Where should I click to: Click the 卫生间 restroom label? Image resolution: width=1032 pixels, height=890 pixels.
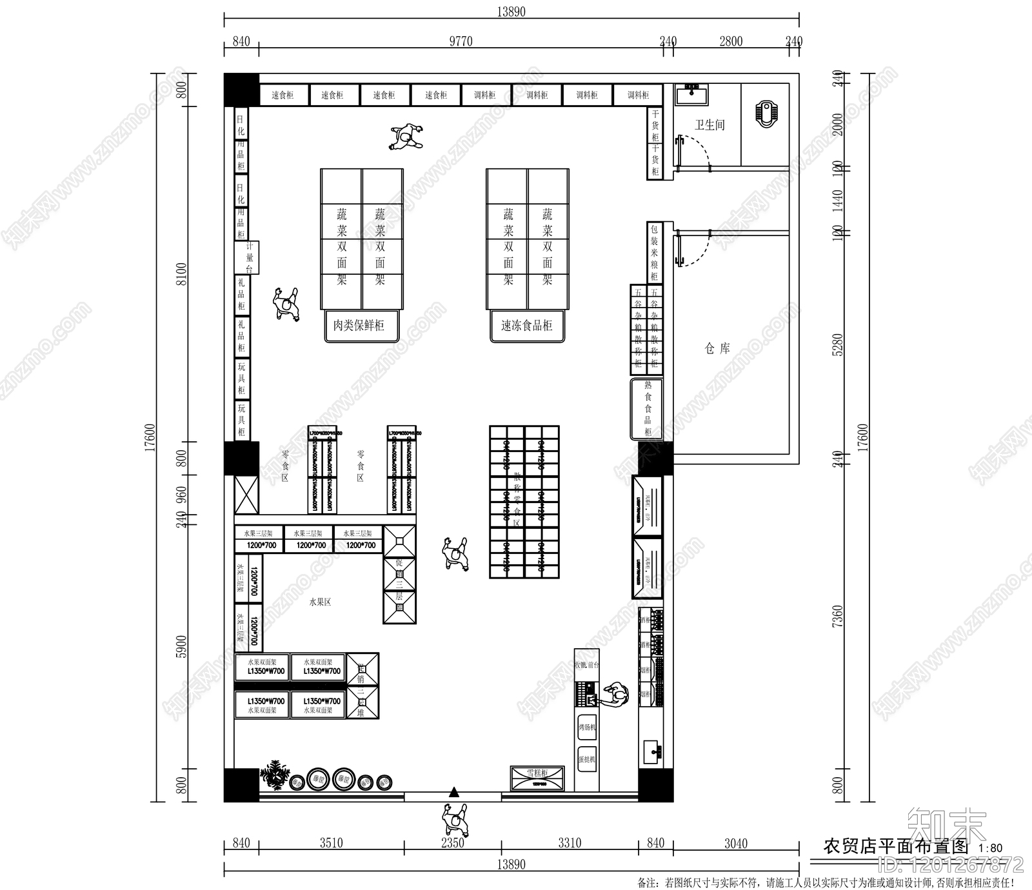tap(709, 125)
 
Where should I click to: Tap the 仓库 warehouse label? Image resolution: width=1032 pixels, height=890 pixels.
tap(717, 349)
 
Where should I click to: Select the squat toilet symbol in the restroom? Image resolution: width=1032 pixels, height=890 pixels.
tap(766, 113)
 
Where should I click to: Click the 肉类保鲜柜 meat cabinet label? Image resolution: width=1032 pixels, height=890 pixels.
tap(359, 326)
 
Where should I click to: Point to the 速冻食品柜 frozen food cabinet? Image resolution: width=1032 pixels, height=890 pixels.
tap(526, 326)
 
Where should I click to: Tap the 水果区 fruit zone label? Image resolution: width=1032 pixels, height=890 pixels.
tap(320, 602)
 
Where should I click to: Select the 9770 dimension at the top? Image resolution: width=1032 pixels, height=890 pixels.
tap(461, 41)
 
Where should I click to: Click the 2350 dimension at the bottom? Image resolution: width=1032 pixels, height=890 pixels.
tap(452, 843)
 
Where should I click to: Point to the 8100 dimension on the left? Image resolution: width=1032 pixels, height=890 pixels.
tap(182, 274)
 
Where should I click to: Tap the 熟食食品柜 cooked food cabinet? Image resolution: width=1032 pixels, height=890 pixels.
tap(647, 409)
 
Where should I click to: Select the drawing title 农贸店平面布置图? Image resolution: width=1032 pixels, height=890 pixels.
tap(897, 846)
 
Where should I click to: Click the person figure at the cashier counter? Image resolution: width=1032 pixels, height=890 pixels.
tap(615, 695)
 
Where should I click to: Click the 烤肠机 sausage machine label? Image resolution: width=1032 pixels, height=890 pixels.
tap(587, 727)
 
